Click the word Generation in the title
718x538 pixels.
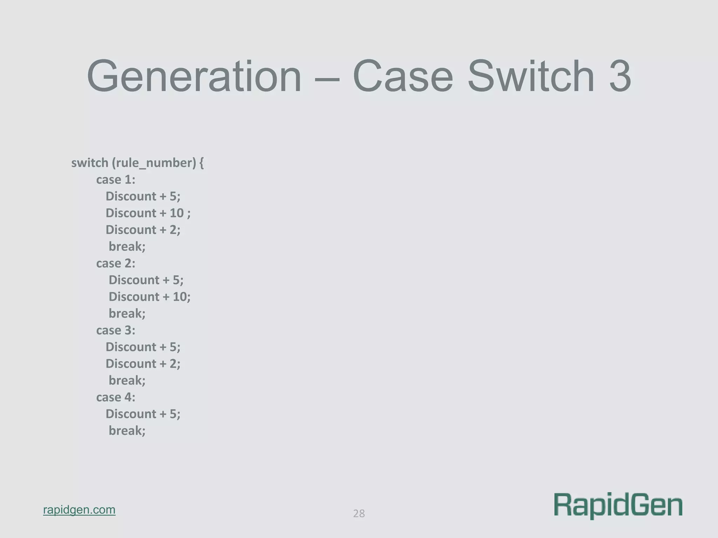pyautogui.click(x=194, y=76)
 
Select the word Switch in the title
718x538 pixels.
pyautogui.click(x=531, y=76)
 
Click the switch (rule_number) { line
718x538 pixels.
pyautogui.click(x=137, y=163)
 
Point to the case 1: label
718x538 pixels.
pyautogui.click(x=116, y=180)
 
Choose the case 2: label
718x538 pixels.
pyautogui.click(x=116, y=263)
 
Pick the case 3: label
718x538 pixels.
pyautogui.click(x=116, y=330)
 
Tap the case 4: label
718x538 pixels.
pyautogui.click(x=116, y=397)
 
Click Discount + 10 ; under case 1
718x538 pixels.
pyautogui.click(x=148, y=213)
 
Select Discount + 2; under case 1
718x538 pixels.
pyautogui.click(x=143, y=230)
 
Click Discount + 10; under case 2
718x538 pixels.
pyautogui.click(x=149, y=297)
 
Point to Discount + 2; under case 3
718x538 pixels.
pyautogui.click(x=143, y=364)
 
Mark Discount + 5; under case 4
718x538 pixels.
pyautogui.click(x=143, y=414)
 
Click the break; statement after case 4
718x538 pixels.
pyautogui.click(x=127, y=430)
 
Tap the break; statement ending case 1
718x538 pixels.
pyautogui.click(x=127, y=247)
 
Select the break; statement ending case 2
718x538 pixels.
pyautogui.click(x=127, y=313)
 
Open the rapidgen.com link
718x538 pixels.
pyautogui.click(x=79, y=510)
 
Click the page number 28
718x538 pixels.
pyautogui.click(x=359, y=513)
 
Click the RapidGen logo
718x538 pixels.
pyautogui.click(x=618, y=505)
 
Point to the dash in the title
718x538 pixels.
pyautogui.click(x=327, y=78)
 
